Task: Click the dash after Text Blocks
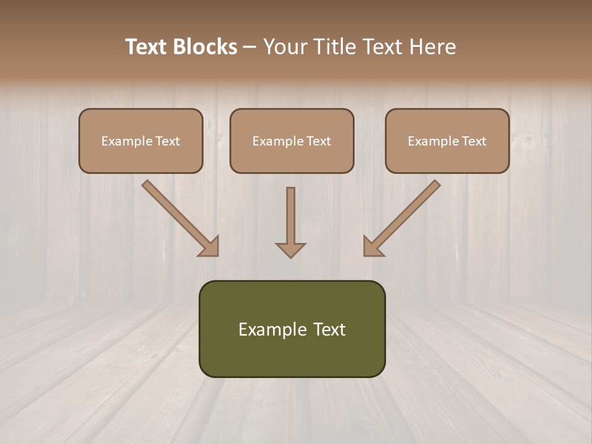(x=250, y=47)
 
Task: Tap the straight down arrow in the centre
(x=290, y=216)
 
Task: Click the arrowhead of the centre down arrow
(x=290, y=250)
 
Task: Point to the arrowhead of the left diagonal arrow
(x=210, y=247)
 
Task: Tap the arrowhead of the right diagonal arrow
(x=372, y=247)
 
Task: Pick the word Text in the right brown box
(x=474, y=141)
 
